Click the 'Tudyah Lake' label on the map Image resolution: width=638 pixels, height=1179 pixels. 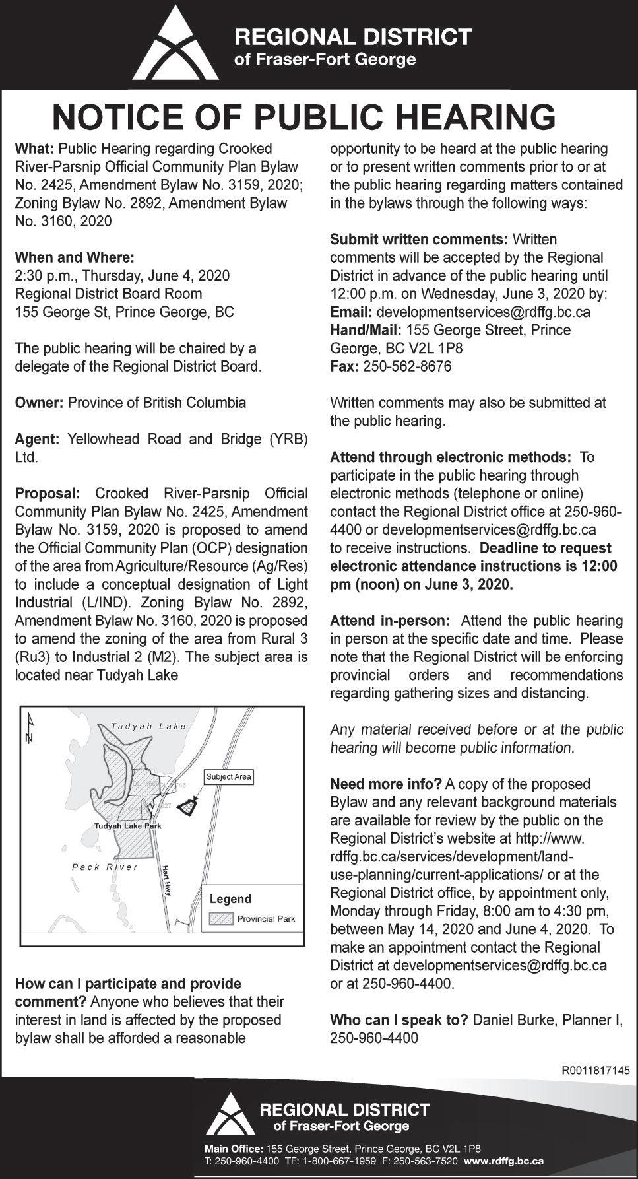(x=148, y=726)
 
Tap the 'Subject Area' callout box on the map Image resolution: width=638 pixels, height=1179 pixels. (x=228, y=776)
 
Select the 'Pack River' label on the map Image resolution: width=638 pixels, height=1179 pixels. (x=105, y=867)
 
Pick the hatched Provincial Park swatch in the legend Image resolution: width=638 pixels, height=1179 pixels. (x=222, y=918)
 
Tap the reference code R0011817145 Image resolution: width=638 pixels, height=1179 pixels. (x=595, y=1069)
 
